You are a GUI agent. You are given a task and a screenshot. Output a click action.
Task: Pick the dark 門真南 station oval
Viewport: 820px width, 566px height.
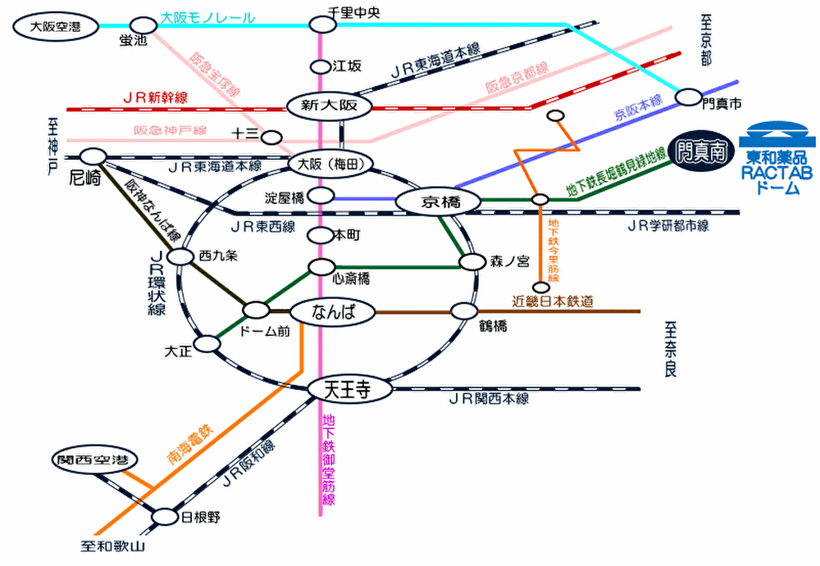699,152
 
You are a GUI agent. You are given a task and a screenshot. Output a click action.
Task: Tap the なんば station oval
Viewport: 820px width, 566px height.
332,312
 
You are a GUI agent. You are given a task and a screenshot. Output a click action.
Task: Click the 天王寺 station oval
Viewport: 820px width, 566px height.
348,390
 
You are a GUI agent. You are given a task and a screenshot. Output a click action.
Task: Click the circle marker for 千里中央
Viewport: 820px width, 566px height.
322,25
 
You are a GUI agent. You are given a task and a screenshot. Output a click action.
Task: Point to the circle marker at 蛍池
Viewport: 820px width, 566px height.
143,26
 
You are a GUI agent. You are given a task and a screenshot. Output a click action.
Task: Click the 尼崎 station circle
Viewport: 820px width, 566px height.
93,156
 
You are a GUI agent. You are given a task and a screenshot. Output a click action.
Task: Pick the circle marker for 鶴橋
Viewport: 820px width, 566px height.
464,311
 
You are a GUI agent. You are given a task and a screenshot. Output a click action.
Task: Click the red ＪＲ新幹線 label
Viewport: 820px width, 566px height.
155,97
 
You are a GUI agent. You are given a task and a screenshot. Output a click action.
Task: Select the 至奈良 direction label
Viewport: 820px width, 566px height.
671,348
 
